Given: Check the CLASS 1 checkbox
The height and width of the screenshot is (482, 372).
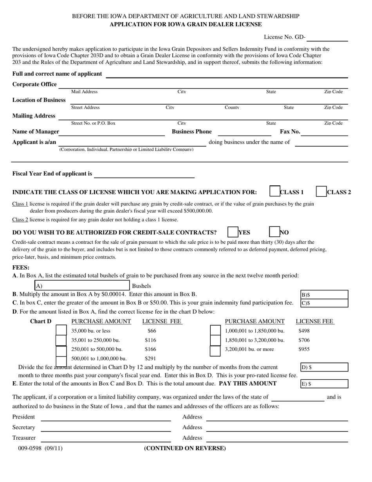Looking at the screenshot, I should point(275,192).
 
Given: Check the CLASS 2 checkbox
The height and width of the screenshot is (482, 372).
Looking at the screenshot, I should point(321,192).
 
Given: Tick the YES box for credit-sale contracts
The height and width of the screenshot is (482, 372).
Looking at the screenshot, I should point(233,232).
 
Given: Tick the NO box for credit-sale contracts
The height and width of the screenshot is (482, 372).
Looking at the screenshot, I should point(274,232).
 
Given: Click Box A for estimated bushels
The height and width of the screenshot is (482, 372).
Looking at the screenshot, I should point(82,286).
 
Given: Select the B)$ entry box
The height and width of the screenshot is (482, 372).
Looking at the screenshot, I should point(324,294).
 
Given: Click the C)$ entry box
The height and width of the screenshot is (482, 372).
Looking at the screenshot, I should point(324,303).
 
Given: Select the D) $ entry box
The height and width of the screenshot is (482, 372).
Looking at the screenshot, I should point(324,367).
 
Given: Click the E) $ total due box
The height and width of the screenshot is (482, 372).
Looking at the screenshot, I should point(324,384).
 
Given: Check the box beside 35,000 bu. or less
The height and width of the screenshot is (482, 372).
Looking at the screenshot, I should point(61,330).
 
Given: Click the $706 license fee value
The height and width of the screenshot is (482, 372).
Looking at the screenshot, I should point(304,340).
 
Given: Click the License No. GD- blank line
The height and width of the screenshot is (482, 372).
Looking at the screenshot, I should point(327,38).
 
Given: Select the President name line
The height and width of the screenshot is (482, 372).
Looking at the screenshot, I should point(106,417).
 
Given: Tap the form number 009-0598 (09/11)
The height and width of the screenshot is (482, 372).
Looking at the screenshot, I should point(40,448).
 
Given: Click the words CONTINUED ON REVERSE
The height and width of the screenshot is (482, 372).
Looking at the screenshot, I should point(185,448).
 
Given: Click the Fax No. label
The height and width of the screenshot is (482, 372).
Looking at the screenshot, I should point(290,132).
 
